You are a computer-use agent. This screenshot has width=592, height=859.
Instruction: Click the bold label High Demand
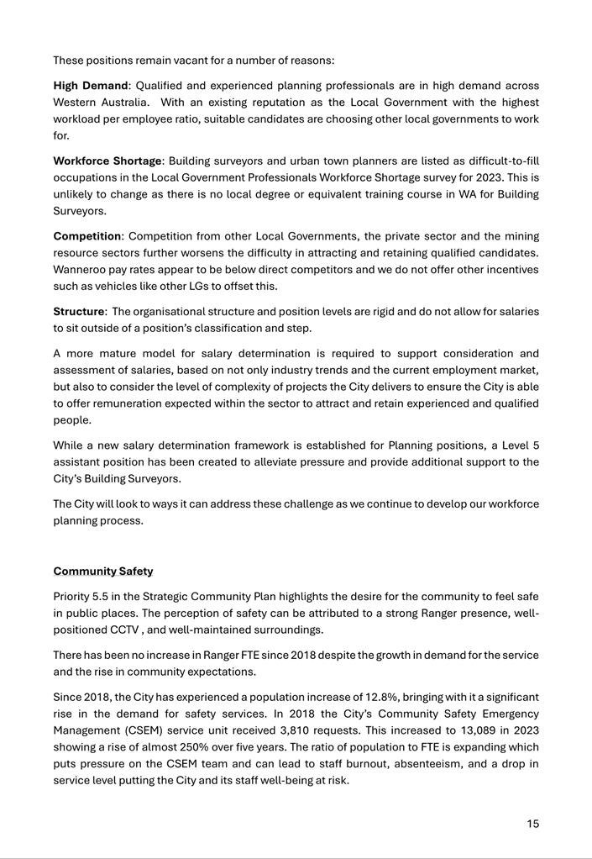click(91, 86)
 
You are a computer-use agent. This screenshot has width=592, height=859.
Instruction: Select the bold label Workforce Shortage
click(107, 161)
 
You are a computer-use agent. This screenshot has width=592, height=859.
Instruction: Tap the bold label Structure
click(80, 312)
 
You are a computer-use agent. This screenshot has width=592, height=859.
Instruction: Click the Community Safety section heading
click(102, 572)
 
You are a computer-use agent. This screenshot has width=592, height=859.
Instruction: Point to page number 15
click(533, 824)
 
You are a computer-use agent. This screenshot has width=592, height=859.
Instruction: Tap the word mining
click(522, 236)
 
